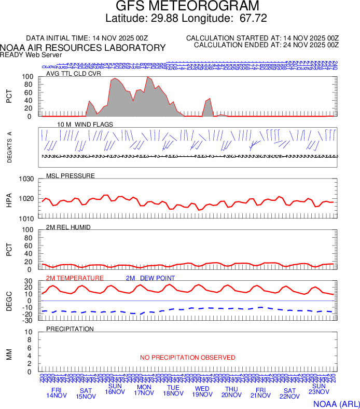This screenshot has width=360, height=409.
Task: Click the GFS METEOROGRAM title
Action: click(187, 6)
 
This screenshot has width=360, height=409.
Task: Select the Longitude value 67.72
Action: click(253, 19)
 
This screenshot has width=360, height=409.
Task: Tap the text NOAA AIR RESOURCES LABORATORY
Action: click(83, 48)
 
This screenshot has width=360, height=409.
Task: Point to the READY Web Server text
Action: click(31, 54)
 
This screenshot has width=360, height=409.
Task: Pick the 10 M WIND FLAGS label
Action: click(85, 125)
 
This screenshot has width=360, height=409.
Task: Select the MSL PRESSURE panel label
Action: click(71, 176)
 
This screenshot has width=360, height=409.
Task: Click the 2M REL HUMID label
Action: click(68, 227)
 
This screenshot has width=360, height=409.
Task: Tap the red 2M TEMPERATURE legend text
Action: click(75, 278)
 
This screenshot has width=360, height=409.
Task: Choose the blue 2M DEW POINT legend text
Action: click(150, 278)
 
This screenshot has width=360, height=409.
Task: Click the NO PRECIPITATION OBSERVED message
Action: click(187, 358)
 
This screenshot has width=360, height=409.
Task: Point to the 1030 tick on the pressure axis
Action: click(27, 179)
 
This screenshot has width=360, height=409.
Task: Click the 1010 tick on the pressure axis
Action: click(27, 219)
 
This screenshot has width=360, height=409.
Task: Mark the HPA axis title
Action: click(9, 199)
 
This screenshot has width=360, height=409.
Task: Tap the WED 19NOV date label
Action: click(202, 392)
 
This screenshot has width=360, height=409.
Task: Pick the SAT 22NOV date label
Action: click(289, 393)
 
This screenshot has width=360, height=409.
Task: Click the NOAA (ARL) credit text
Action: click(336, 403)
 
